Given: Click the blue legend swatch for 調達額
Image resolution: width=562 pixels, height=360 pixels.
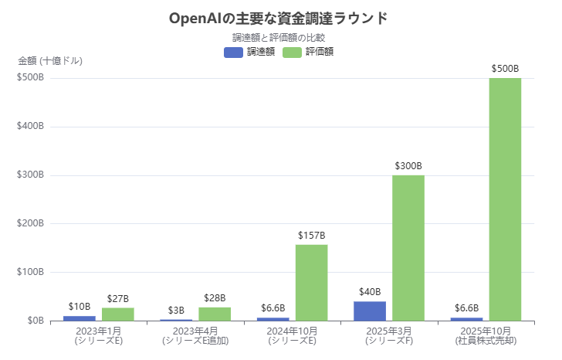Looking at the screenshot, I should coord(233,52).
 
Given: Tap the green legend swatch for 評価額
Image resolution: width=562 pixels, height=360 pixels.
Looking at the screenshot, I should coord(292,52).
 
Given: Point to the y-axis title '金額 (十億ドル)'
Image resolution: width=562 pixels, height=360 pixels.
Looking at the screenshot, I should coord(50,60).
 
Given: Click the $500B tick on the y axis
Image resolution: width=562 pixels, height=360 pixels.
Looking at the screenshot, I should coord(30,78).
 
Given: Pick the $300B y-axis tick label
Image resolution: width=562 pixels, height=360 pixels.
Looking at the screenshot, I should coord(30,175).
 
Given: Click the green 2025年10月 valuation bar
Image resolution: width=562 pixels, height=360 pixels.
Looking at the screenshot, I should coord(505,199).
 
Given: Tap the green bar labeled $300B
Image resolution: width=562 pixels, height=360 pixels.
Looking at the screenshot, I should coord(408,248).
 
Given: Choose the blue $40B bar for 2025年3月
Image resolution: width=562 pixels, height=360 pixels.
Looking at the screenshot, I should coord(370,311).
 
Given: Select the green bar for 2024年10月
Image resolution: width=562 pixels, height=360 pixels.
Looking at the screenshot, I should coord(311,283).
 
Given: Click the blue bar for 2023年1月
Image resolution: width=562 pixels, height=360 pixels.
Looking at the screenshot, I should coord(80,318).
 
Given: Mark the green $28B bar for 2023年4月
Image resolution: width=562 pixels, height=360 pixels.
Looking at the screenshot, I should coord(215,314).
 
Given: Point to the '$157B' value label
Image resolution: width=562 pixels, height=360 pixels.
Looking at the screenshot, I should coord(311,236).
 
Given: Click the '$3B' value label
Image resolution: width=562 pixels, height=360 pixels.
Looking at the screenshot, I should coord(176,311).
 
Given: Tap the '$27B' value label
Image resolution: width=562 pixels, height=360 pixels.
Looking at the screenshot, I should coord(118,299).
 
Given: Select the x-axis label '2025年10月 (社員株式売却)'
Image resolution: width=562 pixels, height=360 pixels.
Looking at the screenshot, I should coord(486,335).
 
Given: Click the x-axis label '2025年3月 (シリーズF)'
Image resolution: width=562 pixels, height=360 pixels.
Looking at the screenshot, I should coord(389,335).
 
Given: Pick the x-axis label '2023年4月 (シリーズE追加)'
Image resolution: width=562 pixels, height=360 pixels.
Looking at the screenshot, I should coord(195,335).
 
